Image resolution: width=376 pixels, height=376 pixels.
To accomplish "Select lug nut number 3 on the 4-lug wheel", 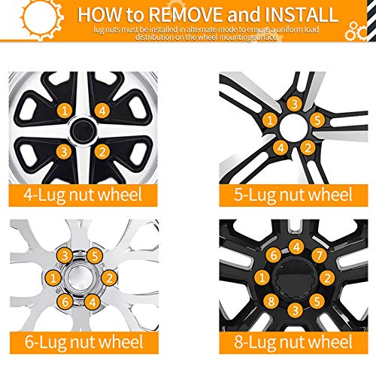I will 66,151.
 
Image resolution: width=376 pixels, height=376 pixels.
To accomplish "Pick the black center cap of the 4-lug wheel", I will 85,132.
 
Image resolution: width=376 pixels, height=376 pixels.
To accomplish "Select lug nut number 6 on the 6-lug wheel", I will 67,302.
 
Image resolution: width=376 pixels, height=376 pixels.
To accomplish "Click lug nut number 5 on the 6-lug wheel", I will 94,256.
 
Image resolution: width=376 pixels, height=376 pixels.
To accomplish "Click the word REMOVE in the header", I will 183,15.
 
